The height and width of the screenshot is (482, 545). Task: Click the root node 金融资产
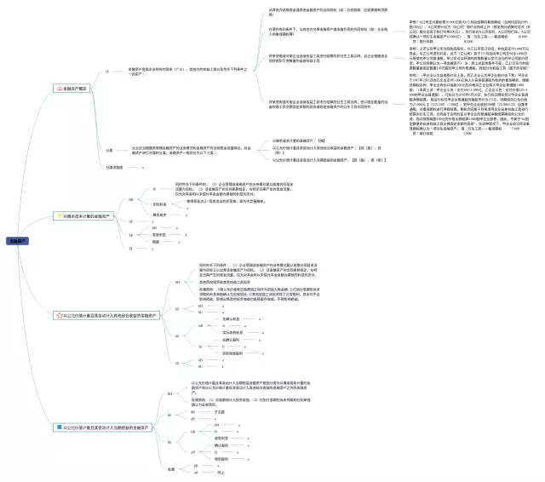(17, 241)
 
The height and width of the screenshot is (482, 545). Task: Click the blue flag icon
(57, 427)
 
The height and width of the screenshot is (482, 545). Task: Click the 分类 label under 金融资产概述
(109, 150)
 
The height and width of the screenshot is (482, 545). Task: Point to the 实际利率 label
(158, 204)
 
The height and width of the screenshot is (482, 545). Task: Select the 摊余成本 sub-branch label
(158, 215)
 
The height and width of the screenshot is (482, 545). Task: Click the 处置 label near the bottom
(170, 468)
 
